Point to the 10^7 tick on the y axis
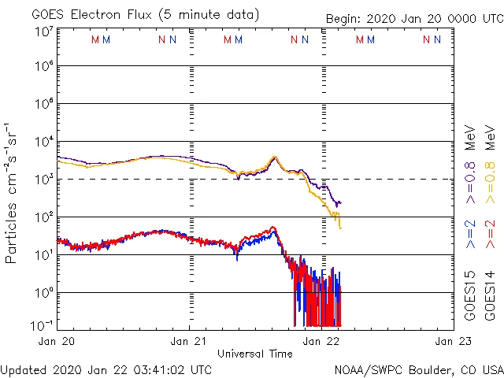(43, 32)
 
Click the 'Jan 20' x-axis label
(57, 341)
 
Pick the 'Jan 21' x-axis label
(189, 341)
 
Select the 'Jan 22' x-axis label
(322, 341)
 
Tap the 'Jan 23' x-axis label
(452, 341)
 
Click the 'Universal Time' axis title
(255, 354)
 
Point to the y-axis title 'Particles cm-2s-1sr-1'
(12, 192)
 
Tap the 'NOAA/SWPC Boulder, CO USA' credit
(418, 369)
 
